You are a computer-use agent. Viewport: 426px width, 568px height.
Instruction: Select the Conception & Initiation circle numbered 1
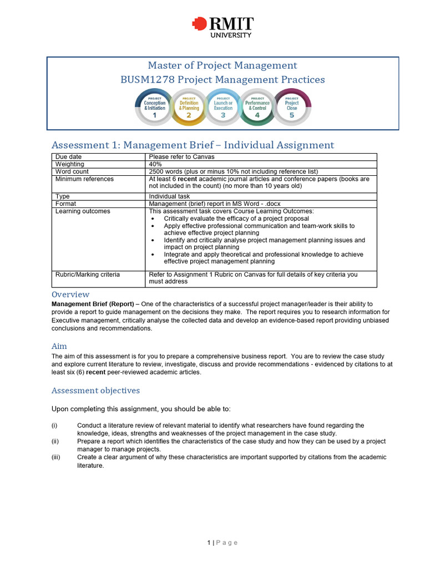tap(155, 107)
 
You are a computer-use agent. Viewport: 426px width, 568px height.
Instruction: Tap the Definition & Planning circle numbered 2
tap(189, 107)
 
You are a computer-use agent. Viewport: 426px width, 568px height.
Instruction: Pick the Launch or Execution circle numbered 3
tap(223, 107)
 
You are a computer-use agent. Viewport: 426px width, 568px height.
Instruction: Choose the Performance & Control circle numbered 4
tap(257, 107)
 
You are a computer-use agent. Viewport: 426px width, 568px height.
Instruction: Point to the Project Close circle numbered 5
tap(292, 107)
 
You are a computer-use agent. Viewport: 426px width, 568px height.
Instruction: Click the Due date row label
tap(69, 157)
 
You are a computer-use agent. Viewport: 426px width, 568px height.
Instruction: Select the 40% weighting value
tap(156, 164)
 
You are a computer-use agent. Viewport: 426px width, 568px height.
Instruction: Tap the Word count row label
tap(72, 172)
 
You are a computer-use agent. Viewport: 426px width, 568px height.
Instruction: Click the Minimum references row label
tap(84, 179)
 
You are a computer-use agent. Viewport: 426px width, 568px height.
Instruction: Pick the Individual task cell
tap(169, 196)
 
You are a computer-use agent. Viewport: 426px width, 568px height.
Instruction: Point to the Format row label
tap(66, 204)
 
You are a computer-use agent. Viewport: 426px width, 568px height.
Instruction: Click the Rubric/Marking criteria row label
tap(88, 275)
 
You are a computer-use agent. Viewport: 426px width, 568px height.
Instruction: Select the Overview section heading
tap(70, 295)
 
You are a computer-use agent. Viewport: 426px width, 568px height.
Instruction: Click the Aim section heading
tap(59, 346)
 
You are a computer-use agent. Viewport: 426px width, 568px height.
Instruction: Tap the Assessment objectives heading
tap(95, 390)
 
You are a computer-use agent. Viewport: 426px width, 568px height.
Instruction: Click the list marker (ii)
tap(54, 442)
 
